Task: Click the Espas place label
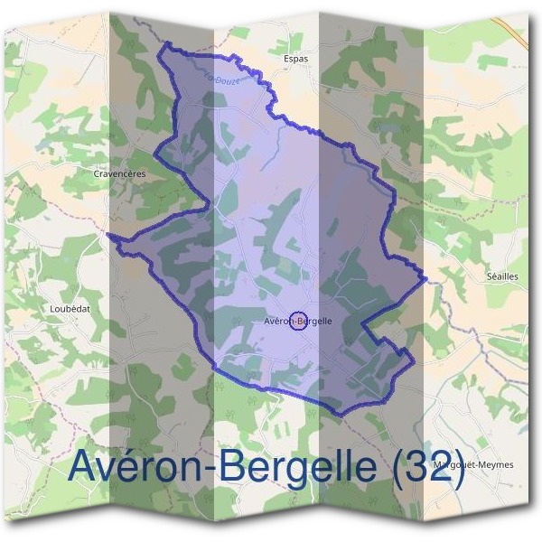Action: pyautogui.click(x=295, y=59)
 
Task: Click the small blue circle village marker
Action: pyautogui.click(x=301, y=320)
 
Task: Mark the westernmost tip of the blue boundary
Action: pyautogui.click(x=110, y=234)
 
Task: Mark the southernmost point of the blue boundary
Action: pyautogui.click(x=341, y=416)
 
